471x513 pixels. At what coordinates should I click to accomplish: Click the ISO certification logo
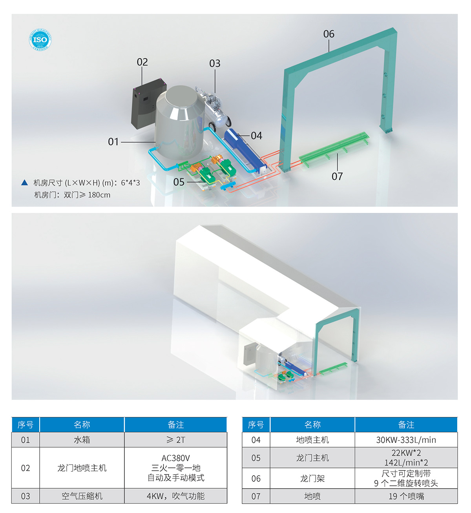click(40, 40)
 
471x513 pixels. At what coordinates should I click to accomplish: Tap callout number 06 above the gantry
click(329, 34)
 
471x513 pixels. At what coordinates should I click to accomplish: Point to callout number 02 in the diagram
click(142, 62)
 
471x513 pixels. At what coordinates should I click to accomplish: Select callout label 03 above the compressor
click(215, 63)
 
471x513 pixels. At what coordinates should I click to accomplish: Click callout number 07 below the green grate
click(337, 176)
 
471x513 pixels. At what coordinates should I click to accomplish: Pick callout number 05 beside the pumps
click(179, 182)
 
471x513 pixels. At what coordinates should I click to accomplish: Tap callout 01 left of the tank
click(113, 142)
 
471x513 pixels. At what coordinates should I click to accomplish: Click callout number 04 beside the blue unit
click(256, 136)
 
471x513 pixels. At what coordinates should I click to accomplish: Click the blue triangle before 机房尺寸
click(25, 182)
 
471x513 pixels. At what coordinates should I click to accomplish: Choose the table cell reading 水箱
click(82, 440)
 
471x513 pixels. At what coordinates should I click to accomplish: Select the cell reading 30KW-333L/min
click(406, 440)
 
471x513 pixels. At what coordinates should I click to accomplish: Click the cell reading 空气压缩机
click(82, 496)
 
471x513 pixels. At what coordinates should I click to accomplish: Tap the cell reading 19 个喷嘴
click(406, 496)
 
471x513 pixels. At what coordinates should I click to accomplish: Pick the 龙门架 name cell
click(312, 478)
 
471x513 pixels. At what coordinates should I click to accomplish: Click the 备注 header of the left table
click(176, 424)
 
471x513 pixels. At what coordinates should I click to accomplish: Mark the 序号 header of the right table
click(256, 424)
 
